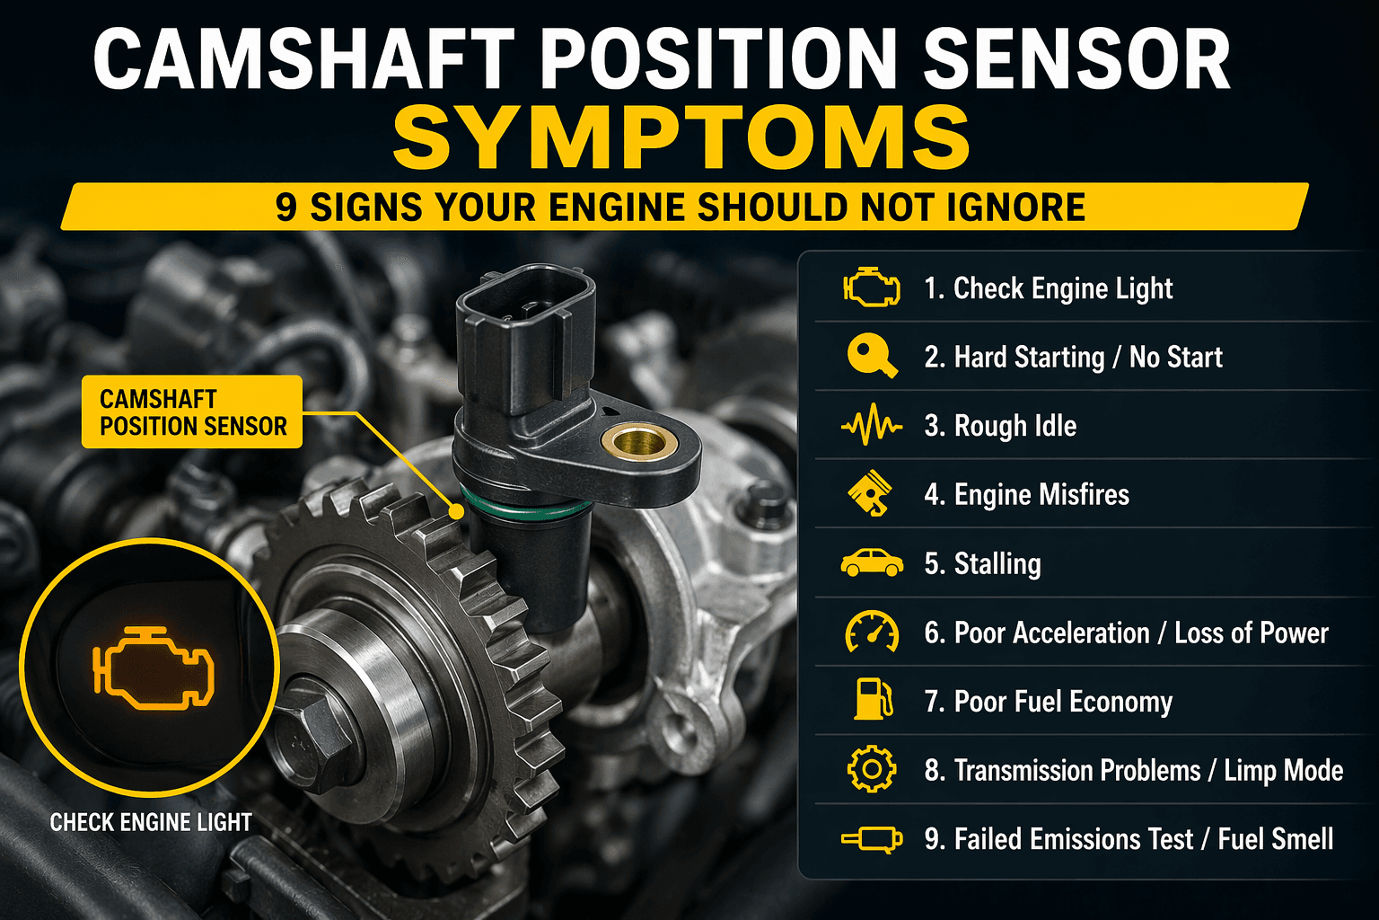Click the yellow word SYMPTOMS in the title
tap(682, 138)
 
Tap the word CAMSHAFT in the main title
tap(303, 59)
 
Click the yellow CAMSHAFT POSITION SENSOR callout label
tap(192, 412)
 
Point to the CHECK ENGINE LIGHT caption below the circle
tap(151, 822)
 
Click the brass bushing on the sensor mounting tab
tap(638, 442)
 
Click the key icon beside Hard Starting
tap(871, 357)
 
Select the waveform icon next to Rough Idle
tap(871, 426)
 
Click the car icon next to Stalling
tap(871, 563)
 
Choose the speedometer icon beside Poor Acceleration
tap(871, 632)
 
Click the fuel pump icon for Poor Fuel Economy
tap(872, 701)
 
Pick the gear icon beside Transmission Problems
tap(871, 770)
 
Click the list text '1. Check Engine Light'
tap(1049, 288)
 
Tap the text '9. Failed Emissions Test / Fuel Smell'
tap(1129, 839)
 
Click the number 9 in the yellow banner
tap(285, 208)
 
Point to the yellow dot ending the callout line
tap(457, 511)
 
